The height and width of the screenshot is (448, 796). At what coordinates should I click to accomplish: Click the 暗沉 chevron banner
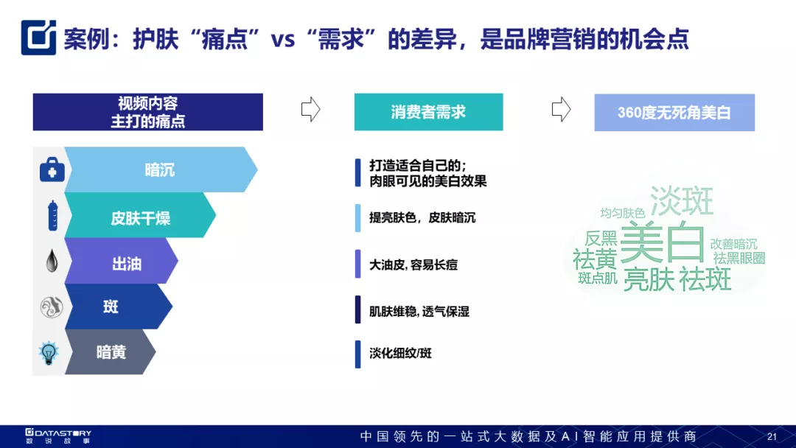pyautogui.click(x=161, y=169)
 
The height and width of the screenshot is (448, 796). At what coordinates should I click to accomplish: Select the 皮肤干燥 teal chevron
pyautogui.click(x=140, y=215)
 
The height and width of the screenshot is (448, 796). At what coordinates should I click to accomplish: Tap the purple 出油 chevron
pyautogui.click(x=122, y=261)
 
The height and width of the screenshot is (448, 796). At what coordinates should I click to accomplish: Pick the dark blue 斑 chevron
pyautogui.click(x=119, y=307)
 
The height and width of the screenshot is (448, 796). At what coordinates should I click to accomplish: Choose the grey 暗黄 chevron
pyautogui.click(x=110, y=352)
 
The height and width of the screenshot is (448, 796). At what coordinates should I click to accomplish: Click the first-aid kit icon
pyautogui.click(x=52, y=169)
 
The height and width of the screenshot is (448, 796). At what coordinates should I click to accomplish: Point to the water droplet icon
pyautogui.click(x=52, y=261)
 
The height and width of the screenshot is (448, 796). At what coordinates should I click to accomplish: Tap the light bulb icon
pyautogui.click(x=49, y=353)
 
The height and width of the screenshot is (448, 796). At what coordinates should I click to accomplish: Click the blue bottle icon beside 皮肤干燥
pyautogui.click(x=52, y=216)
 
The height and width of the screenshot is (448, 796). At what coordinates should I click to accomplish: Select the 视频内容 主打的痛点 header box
pyautogui.click(x=147, y=112)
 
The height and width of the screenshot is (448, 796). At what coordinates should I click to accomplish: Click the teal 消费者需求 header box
pyautogui.click(x=428, y=112)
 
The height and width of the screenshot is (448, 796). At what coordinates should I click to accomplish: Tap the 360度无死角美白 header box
pyautogui.click(x=674, y=113)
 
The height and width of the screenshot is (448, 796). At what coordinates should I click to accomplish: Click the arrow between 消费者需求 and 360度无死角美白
pyautogui.click(x=561, y=109)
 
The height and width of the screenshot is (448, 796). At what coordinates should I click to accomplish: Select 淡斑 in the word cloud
pyautogui.click(x=682, y=200)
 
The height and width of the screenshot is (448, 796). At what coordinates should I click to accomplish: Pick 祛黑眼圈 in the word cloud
pyautogui.click(x=739, y=258)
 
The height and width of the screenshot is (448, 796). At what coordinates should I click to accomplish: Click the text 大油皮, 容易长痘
pyautogui.click(x=413, y=265)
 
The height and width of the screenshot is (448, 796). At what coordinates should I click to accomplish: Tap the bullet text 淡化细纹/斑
pyautogui.click(x=400, y=353)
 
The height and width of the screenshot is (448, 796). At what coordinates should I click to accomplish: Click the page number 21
pyautogui.click(x=772, y=436)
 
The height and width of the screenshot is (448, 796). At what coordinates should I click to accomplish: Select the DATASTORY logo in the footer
pyautogui.click(x=58, y=435)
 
